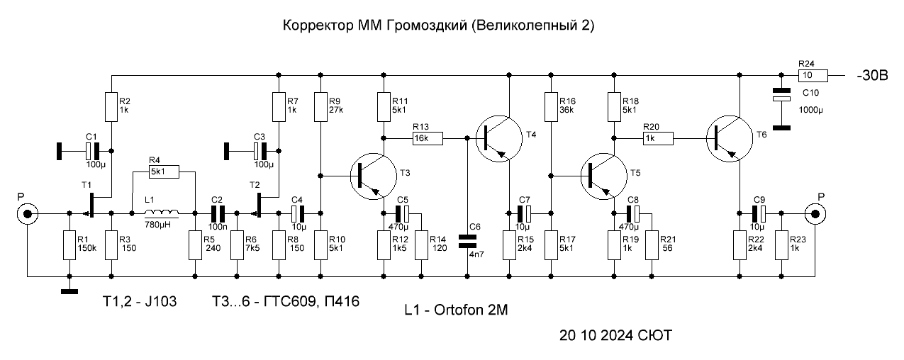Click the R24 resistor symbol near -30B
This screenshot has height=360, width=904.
click(x=813, y=75)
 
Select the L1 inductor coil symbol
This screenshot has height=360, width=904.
click(x=162, y=213)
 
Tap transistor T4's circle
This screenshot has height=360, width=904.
click(x=499, y=139)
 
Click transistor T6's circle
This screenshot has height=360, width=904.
click(x=730, y=139)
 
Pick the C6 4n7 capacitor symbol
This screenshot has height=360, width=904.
click(x=467, y=242)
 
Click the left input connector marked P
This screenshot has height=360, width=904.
click(x=28, y=213)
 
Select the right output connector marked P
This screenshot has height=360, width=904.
click(x=815, y=213)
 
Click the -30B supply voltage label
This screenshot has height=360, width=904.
click(x=872, y=76)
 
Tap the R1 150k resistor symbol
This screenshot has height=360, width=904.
click(x=69, y=245)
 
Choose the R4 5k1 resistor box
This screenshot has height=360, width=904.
click(x=164, y=172)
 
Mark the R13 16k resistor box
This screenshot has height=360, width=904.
click(x=428, y=138)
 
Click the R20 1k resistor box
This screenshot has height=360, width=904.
click(x=658, y=138)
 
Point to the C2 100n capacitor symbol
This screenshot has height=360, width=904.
click(x=216, y=213)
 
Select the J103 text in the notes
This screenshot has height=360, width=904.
click(x=160, y=301)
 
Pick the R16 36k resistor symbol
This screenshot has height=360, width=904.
click(x=552, y=107)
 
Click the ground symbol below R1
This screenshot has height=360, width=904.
click(x=69, y=291)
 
